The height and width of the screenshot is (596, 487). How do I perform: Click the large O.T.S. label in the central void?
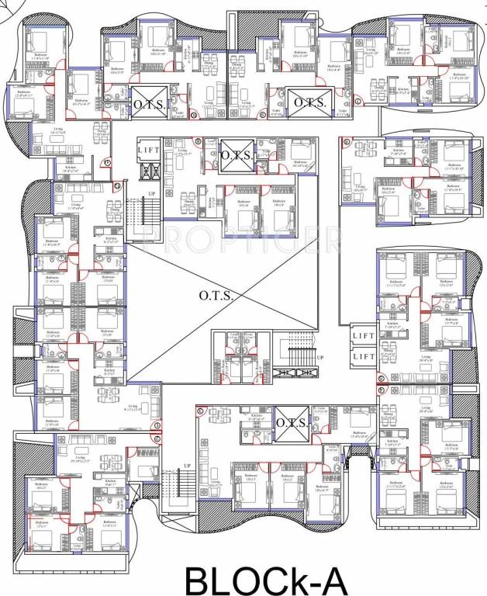(214, 295)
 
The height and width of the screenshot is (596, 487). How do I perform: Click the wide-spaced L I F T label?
(149, 150)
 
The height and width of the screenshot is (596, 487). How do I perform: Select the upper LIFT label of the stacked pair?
(364, 337)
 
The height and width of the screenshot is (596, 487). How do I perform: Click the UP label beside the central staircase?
(319, 357)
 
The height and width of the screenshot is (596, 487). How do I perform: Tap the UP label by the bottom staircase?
(186, 466)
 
